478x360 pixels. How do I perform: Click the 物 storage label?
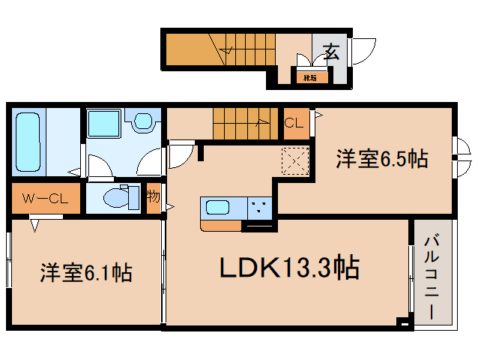pos(154,198)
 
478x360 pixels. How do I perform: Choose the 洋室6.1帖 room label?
pos(85,272)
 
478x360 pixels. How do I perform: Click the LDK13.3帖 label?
pos(288,266)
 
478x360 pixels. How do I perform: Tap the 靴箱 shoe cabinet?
pos(308,76)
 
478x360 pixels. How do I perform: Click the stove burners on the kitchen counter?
pos(261,208)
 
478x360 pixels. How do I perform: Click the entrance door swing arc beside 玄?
pos(360,51)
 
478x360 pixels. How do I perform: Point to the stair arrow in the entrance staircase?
pos(227,50)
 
